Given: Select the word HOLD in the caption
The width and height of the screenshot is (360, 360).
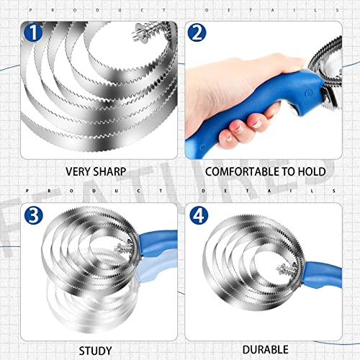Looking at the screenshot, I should point(311,172).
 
